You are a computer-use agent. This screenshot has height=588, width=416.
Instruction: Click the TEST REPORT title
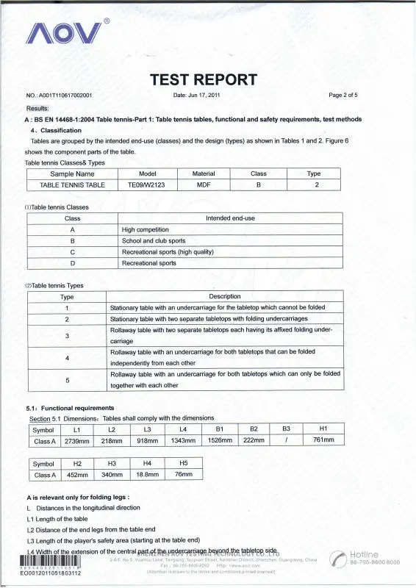(204, 79)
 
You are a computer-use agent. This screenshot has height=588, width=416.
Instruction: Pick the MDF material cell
(204, 185)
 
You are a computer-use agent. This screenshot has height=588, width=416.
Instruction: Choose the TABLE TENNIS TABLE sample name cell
(72, 185)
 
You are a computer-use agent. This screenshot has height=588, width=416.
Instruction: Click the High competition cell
(145, 229)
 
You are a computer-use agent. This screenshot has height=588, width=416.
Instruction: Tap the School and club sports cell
(154, 240)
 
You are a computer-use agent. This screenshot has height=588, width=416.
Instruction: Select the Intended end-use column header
(230, 218)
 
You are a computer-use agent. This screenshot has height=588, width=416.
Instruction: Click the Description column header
(225, 296)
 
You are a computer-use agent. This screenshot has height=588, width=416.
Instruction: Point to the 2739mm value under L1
(77, 441)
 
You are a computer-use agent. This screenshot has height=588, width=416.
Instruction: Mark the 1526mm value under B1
(220, 441)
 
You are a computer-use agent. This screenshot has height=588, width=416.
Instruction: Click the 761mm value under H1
(323, 441)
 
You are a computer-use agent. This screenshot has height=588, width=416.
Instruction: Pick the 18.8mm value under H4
(148, 475)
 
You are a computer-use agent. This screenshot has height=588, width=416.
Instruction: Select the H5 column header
(184, 463)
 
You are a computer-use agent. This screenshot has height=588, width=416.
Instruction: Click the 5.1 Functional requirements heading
(70, 408)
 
